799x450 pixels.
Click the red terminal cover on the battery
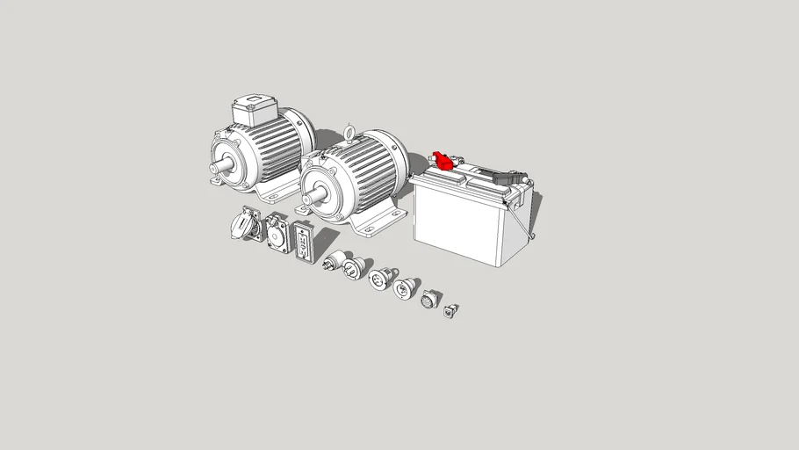[445, 161]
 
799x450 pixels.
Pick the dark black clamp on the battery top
[507, 177]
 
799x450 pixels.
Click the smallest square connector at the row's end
[451, 309]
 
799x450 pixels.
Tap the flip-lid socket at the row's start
[242, 223]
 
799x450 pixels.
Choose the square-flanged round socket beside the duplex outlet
[277, 234]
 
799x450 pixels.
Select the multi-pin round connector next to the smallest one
[428, 300]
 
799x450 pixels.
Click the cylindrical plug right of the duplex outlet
[334, 261]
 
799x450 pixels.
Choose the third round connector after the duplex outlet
[378, 279]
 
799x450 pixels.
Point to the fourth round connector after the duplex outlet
[406, 287]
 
